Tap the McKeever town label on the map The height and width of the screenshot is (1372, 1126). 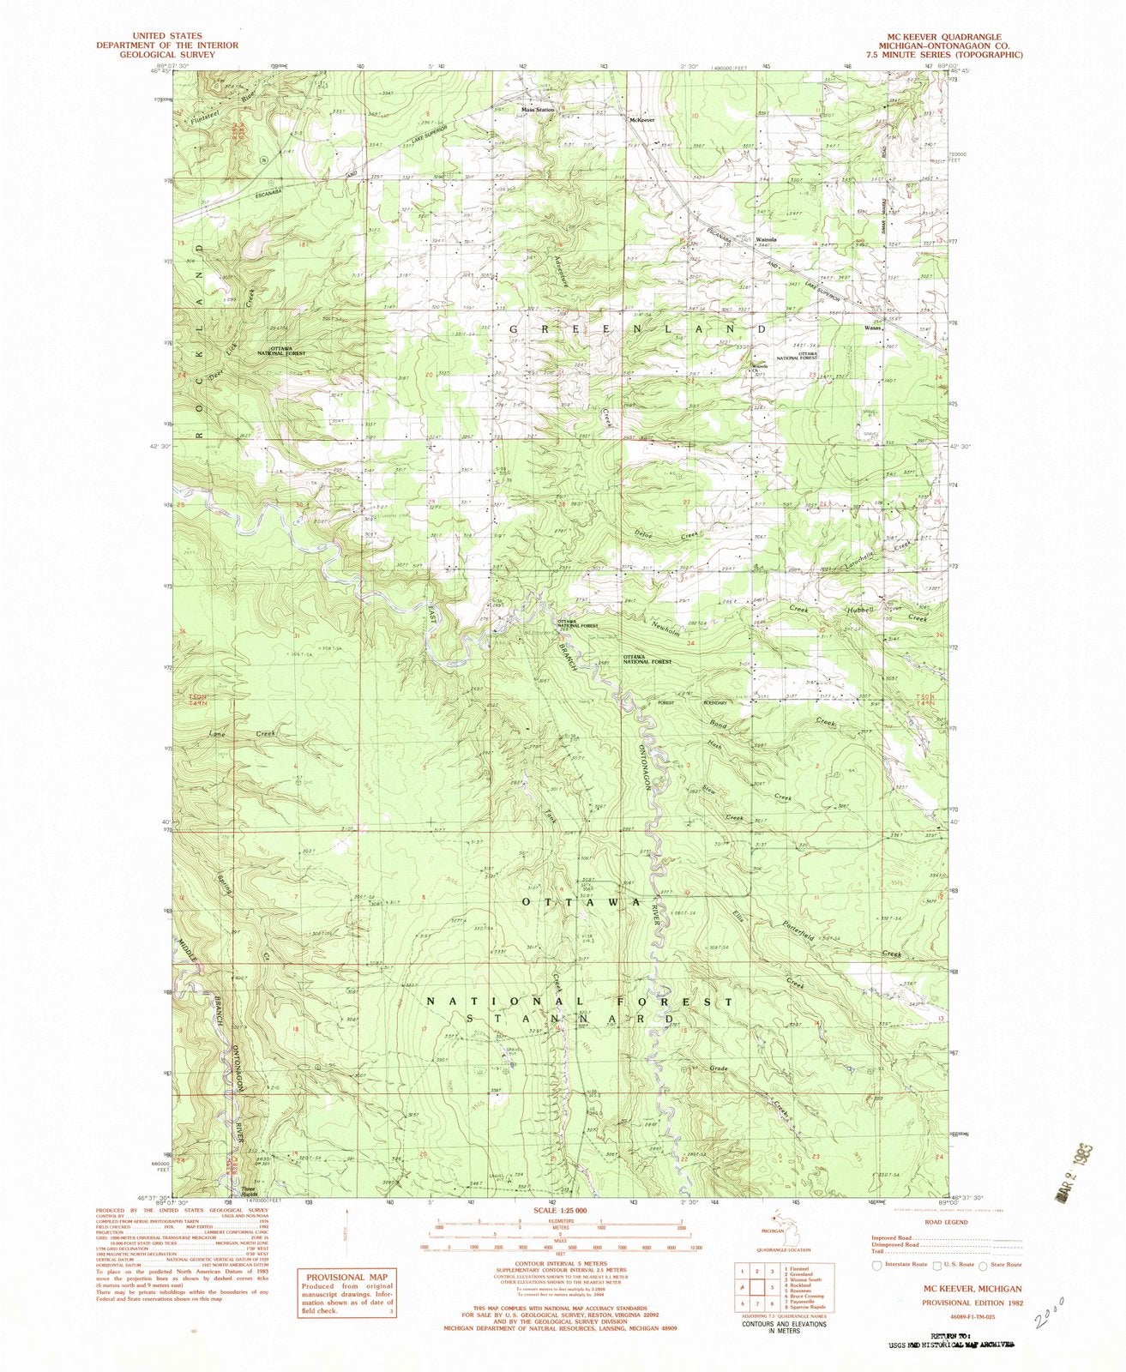(642, 120)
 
